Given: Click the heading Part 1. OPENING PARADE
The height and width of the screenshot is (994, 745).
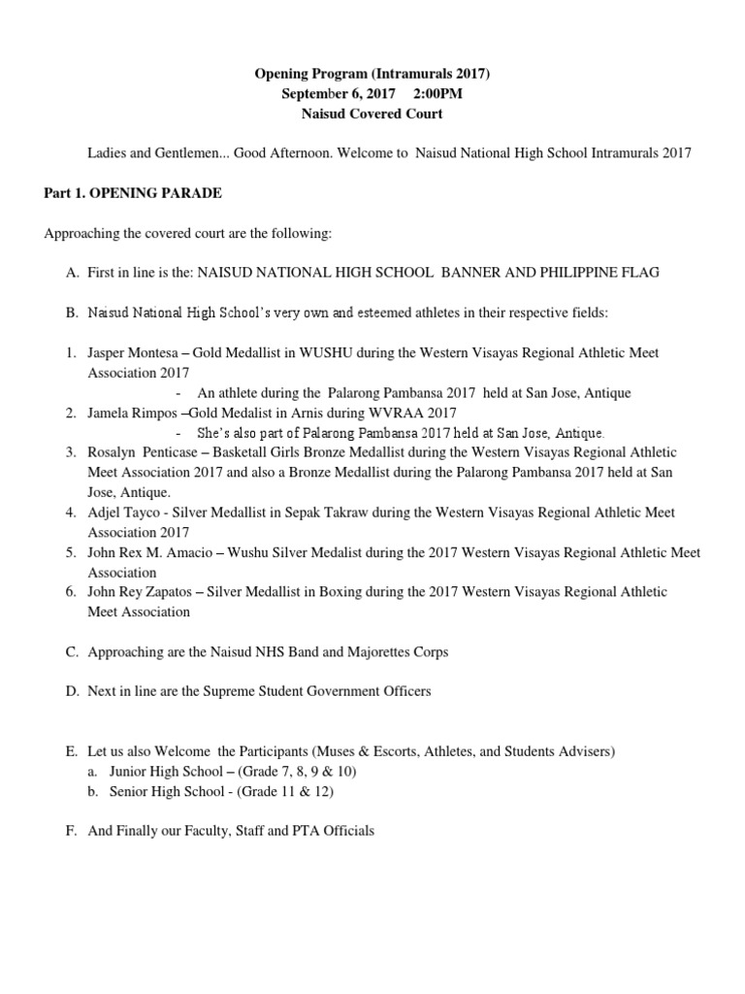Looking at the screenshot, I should coord(133,193).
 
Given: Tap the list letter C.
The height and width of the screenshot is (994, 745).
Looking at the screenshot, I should coord(72,652).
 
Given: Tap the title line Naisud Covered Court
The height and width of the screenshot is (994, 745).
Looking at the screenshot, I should coord(372,114).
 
